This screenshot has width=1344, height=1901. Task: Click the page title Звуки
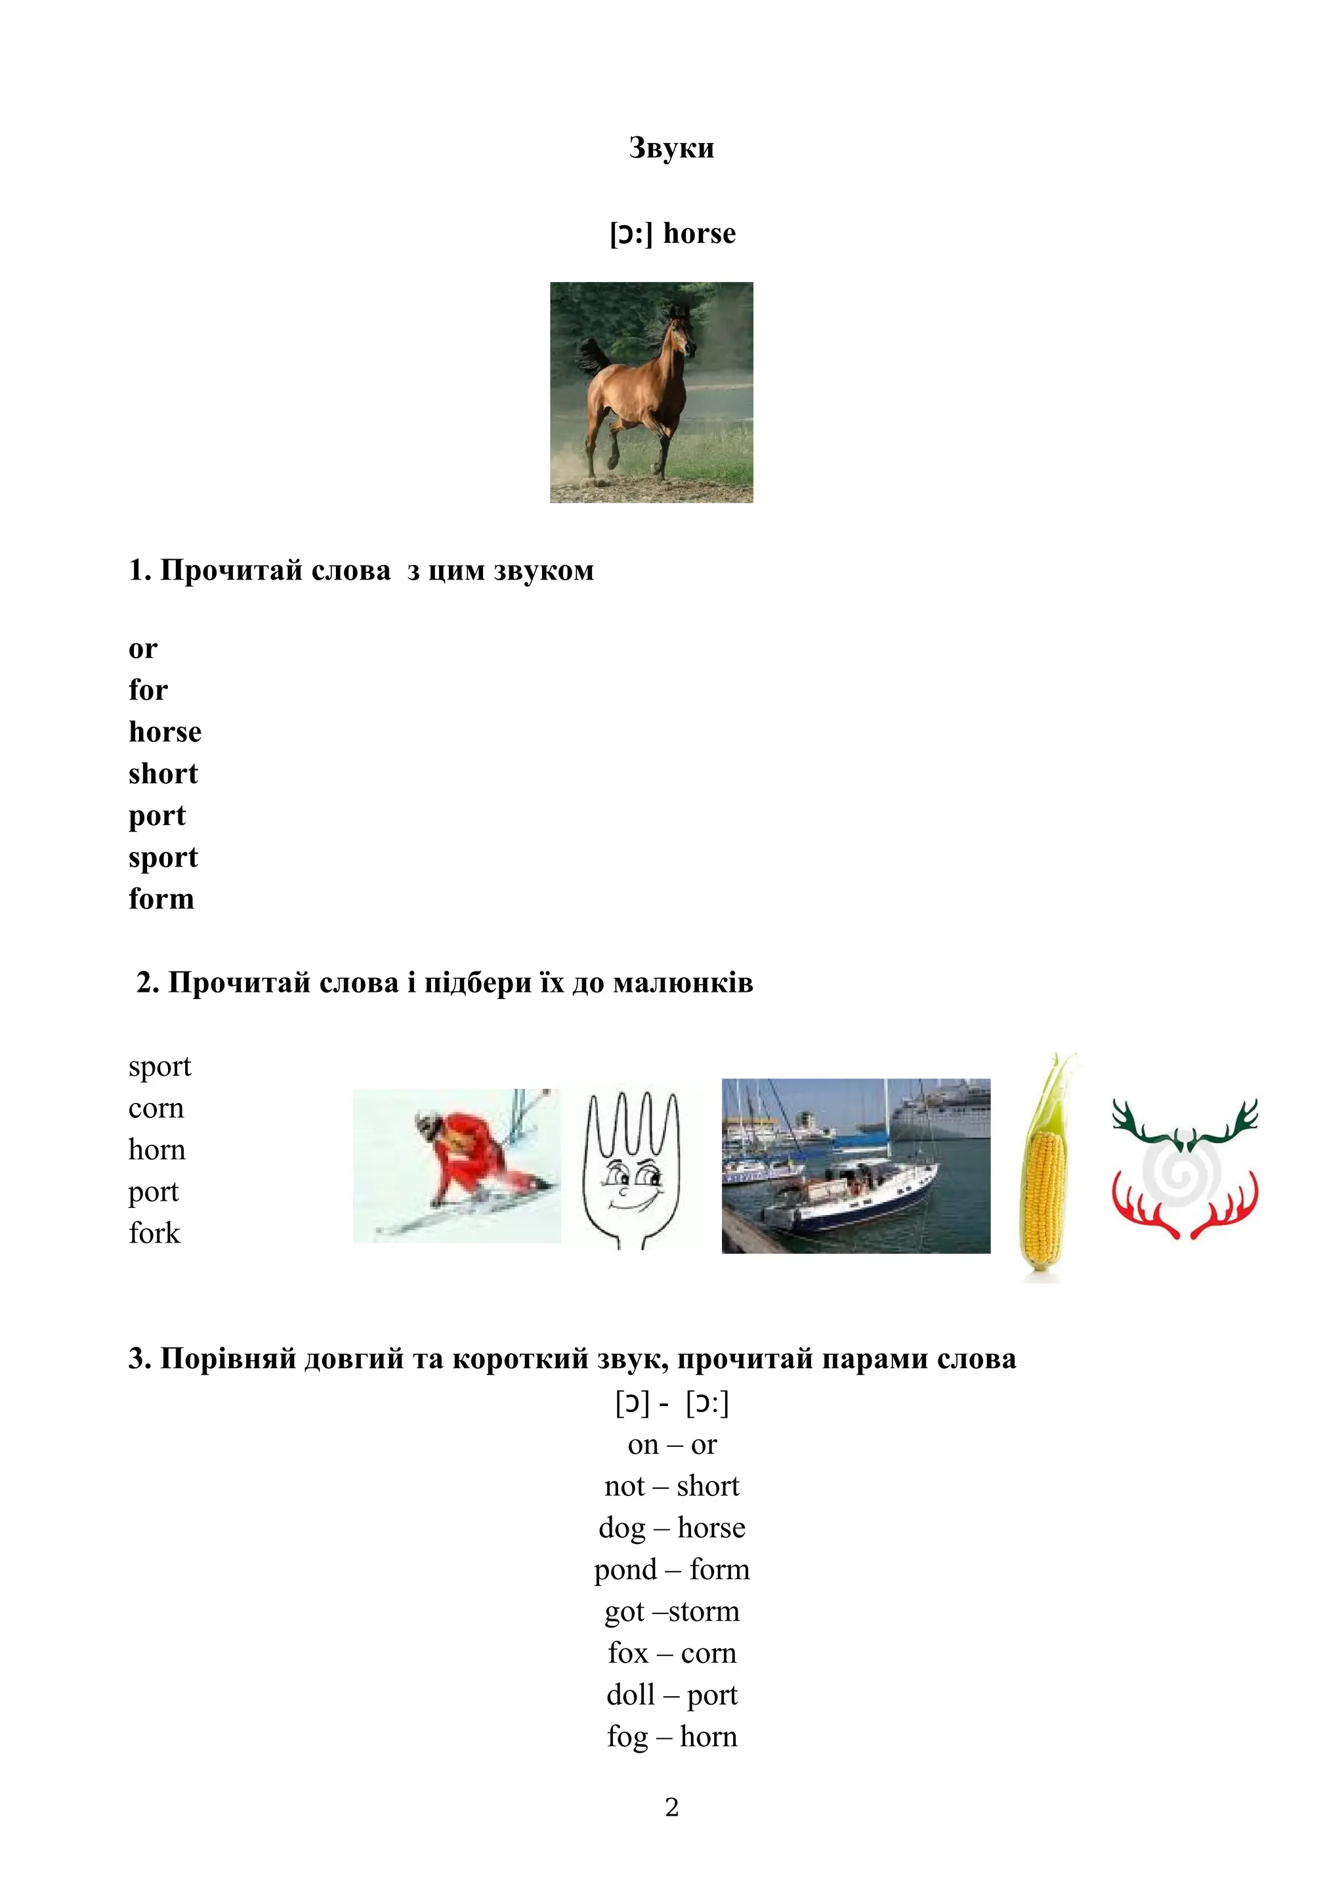[671, 148]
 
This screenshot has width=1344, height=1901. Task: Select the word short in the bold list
[163, 774]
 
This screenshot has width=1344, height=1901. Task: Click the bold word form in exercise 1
[161, 899]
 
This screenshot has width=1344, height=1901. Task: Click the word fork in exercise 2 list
[154, 1233]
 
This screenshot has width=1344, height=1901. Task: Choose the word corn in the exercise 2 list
[156, 1109]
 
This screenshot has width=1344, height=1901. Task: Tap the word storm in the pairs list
[703, 1612]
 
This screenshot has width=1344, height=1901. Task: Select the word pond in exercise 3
[625, 1570]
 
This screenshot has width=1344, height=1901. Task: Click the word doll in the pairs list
[631, 1695]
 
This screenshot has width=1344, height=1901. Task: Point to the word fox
[628, 1654]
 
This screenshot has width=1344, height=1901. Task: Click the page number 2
[672, 1807]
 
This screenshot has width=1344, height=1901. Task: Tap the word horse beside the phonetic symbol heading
[700, 234]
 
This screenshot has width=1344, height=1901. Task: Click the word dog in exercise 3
[621, 1528]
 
